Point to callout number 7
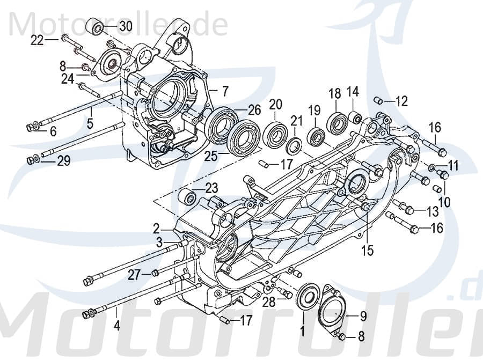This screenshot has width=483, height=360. [225, 89]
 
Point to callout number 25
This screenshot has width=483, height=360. [211, 156]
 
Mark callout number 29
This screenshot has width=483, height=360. [63, 161]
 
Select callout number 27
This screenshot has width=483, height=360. [134, 275]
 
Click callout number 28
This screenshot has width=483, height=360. [268, 302]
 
